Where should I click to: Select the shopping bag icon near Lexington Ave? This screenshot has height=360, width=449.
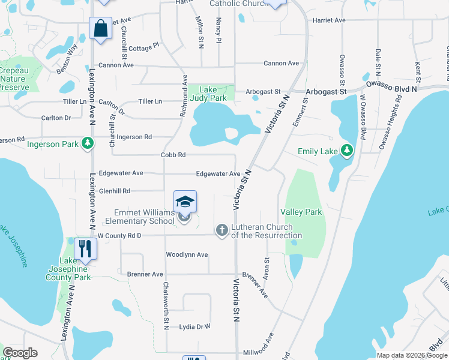[100, 28]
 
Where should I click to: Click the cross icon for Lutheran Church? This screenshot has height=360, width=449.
[222, 230]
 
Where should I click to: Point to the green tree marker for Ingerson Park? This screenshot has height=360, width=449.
[88, 143]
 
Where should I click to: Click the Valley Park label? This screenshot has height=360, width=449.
[301, 212]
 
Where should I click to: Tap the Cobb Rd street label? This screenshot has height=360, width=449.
[173, 155]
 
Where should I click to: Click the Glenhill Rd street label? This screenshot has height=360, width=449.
[115, 191]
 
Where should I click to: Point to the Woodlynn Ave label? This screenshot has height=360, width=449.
[187, 255]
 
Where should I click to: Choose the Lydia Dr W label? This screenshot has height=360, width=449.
[195, 327]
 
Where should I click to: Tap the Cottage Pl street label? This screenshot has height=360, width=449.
[143, 45]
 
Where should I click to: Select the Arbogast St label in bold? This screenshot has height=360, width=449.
[326, 92]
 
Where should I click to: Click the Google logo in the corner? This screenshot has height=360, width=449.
[20, 353]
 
